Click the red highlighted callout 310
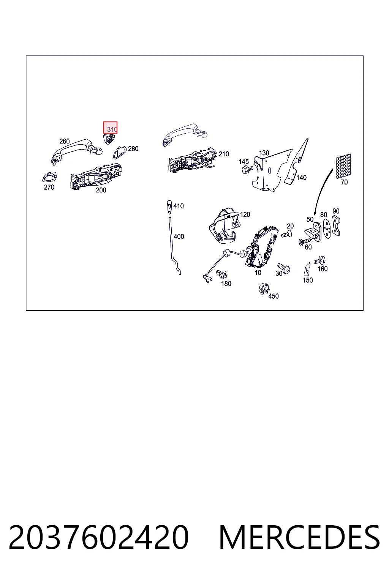click(x=110, y=128)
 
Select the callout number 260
click(x=64, y=141)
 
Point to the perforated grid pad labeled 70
click(x=343, y=166)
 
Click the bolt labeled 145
click(x=247, y=170)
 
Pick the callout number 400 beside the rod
click(x=179, y=236)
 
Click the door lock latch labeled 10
click(x=261, y=247)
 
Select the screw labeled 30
click(x=284, y=268)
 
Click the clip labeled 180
click(x=221, y=274)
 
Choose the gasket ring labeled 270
click(x=50, y=177)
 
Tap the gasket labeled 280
click(x=119, y=152)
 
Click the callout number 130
click(x=264, y=153)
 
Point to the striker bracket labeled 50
click(x=313, y=232)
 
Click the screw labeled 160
click(x=320, y=260)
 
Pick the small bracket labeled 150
click(x=307, y=269)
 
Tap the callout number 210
click(x=224, y=154)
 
